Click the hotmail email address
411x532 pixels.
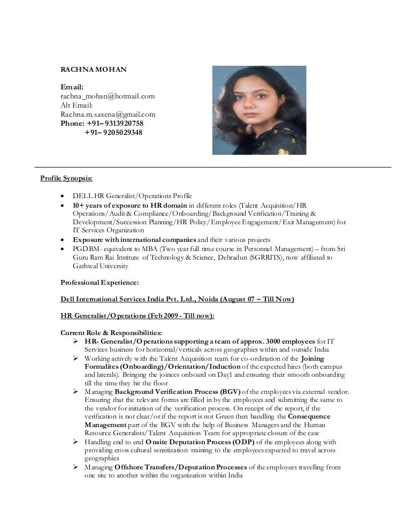tap(108, 96)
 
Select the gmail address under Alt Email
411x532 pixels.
tap(108, 114)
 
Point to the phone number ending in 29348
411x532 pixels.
tap(113, 132)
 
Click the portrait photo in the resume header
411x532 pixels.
tap(259, 110)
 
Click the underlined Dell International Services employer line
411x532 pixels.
tap(177, 299)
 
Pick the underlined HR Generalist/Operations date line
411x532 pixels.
tap(138, 316)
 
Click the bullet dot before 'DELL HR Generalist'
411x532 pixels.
tap(64, 196)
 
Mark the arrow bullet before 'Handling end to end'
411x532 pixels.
tap(77, 442)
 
